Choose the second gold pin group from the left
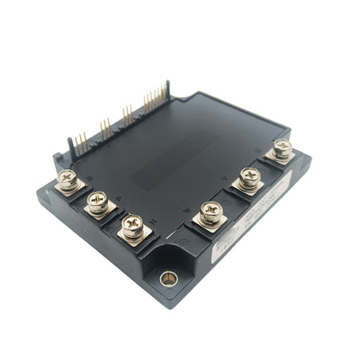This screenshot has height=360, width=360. coord(105,127)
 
